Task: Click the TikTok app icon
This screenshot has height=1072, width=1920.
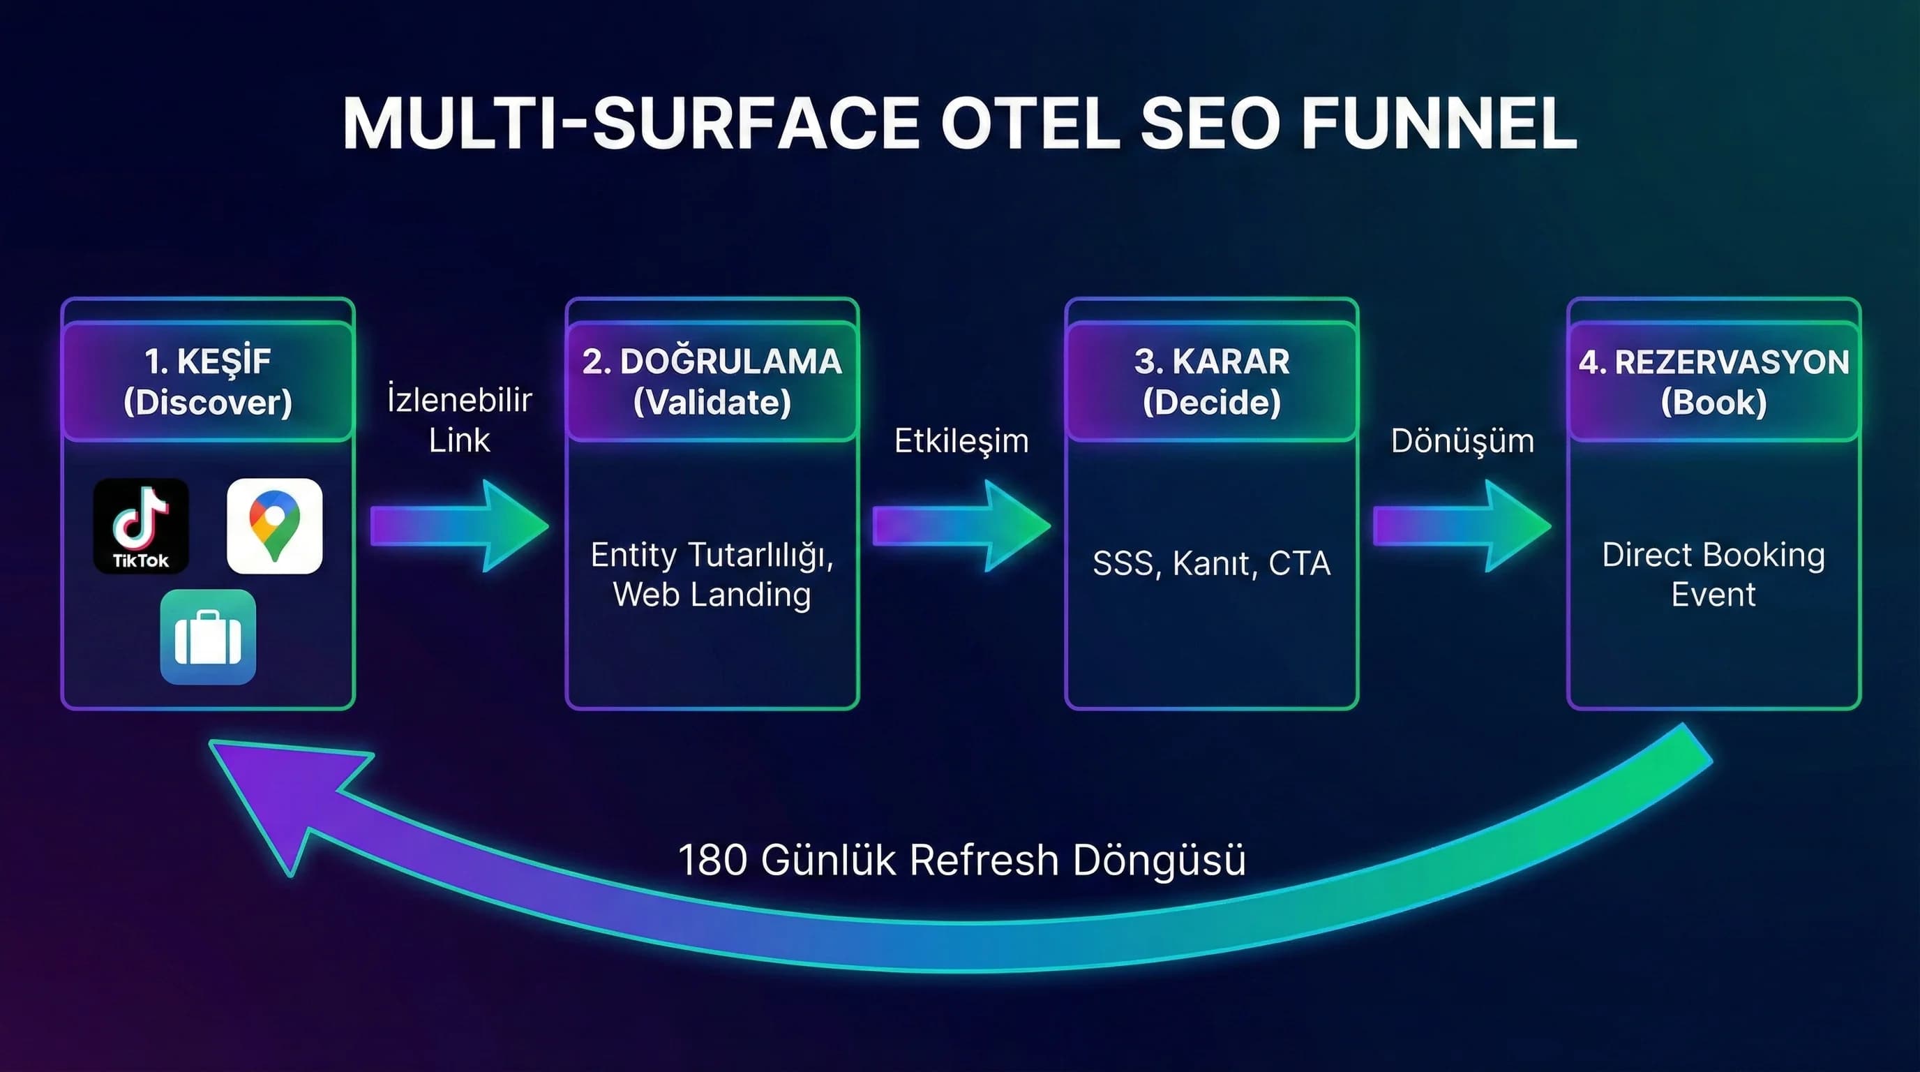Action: point(141,526)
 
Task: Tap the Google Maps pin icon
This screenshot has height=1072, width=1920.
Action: point(274,526)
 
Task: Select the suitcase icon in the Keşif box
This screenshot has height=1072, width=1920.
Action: point(208,636)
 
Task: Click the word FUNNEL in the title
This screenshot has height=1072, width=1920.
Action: point(1439,123)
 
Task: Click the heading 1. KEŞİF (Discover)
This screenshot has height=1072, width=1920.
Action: point(208,382)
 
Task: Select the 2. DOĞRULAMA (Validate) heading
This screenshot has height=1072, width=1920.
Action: point(712,382)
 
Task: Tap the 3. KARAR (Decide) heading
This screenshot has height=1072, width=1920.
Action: point(1211,382)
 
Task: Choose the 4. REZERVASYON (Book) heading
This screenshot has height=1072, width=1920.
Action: point(1713,382)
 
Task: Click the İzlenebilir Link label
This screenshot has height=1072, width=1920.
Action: point(459,419)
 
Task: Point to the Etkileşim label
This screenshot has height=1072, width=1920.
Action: point(961,441)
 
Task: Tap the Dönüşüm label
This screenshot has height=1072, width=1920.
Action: point(1462,441)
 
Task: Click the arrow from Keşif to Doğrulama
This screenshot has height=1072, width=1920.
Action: point(459,526)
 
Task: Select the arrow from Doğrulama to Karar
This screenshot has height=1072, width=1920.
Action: point(961,526)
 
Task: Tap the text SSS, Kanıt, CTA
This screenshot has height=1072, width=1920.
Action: point(1211,564)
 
